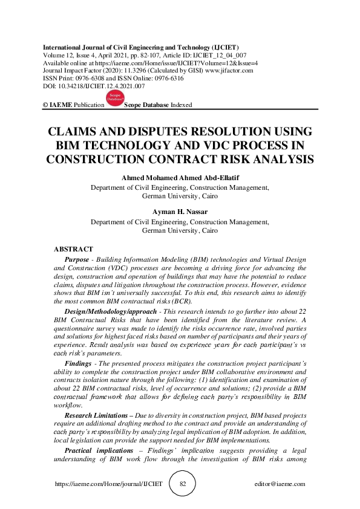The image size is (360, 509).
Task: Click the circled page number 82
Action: [182, 484]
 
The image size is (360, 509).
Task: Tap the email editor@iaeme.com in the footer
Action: [280, 484]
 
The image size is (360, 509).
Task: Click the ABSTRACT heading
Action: [73, 249]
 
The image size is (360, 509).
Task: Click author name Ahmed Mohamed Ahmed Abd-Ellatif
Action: [180, 178]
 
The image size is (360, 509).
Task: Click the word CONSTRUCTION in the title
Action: [94, 160]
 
